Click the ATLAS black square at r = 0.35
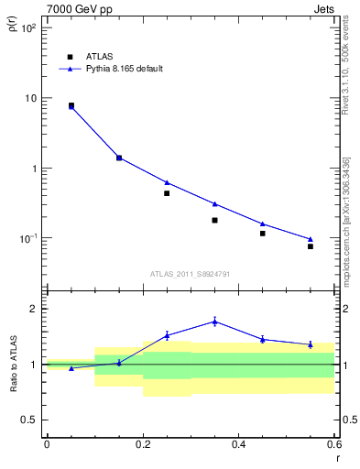point(214,220)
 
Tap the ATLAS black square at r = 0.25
point(167,193)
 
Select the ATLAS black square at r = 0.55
point(311,246)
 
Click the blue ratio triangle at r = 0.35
point(214,321)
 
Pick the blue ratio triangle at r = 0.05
point(71,368)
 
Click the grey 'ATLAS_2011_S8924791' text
point(191,273)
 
